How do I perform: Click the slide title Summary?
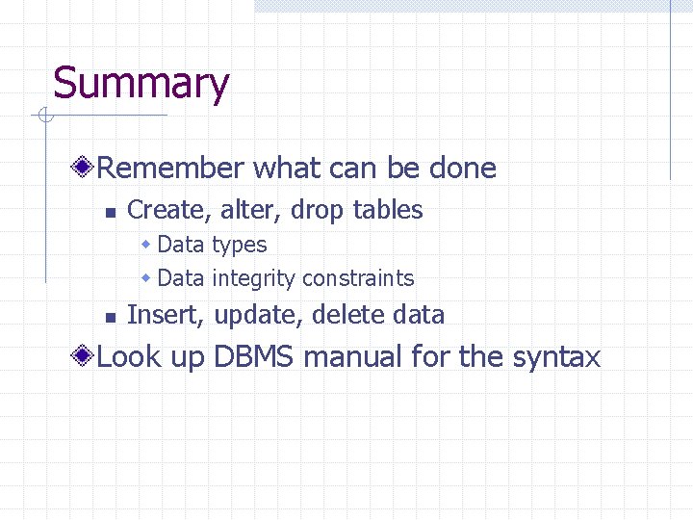[141, 84]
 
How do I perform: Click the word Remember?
[170, 169]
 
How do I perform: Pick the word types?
[239, 246]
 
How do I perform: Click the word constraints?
[357, 279]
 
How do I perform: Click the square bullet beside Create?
[111, 211]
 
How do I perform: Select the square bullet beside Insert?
[111, 316]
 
